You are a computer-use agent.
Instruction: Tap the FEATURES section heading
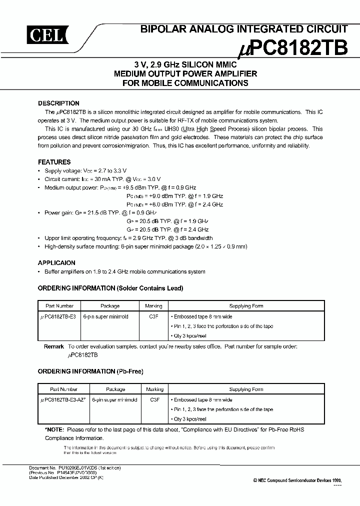click(54, 162)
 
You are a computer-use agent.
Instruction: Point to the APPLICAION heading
click(56, 263)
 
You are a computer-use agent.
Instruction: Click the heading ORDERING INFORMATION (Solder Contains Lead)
click(110, 288)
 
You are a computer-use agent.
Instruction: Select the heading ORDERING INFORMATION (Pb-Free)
click(90, 371)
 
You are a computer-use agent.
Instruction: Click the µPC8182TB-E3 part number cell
click(58, 317)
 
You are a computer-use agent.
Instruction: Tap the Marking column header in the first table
click(154, 306)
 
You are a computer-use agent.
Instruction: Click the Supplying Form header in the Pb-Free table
click(246, 389)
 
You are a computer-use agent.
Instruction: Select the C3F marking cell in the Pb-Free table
click(154, 400)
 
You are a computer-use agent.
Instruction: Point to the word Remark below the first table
click(54, 346)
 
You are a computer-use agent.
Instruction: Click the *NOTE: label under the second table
click(54, 429)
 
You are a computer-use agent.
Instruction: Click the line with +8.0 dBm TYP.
click(174, 204)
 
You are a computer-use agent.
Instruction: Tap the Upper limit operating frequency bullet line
click(128, 238)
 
